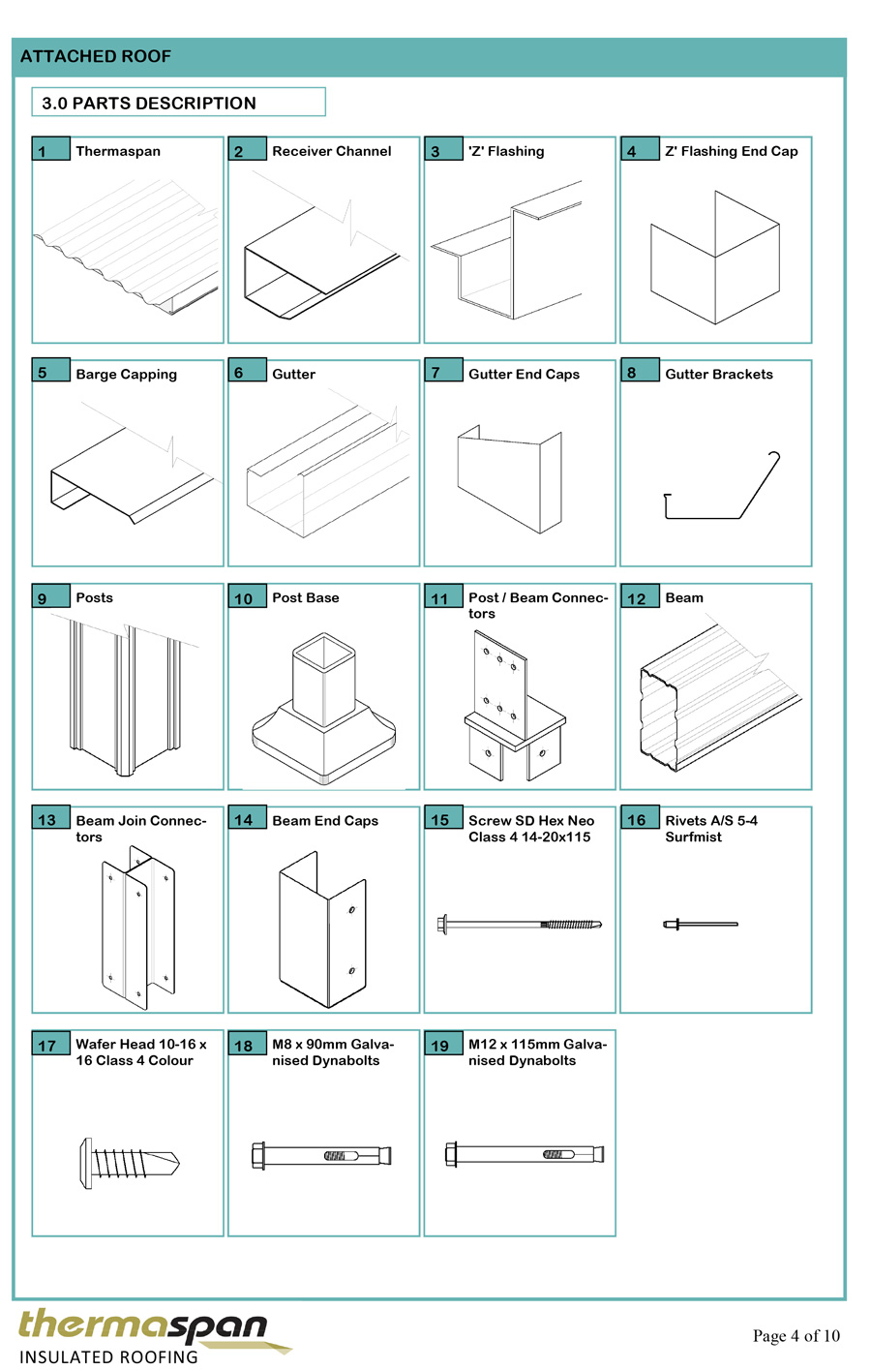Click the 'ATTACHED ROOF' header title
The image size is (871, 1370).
pos(96,56)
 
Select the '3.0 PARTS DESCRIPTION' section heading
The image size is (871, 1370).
pos(149,103)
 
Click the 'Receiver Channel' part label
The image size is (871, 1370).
pos(331,151)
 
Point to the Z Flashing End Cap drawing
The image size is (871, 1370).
pos(715,257)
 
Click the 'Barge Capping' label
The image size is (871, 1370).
pos(126,374)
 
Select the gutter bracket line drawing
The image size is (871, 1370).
pos(722,486)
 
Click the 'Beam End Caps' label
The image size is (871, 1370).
pos(325,820)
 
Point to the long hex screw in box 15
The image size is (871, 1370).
pos(520,925)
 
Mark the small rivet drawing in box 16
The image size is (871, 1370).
pos(700,925)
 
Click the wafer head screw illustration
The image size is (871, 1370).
pos(129,1162)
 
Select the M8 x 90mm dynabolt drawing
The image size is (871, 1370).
pos(321,1155)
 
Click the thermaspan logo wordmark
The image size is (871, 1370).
pos(143,1325)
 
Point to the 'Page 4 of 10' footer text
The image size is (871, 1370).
pos(796,1336)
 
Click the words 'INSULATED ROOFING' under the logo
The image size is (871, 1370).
pos(108,1357)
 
